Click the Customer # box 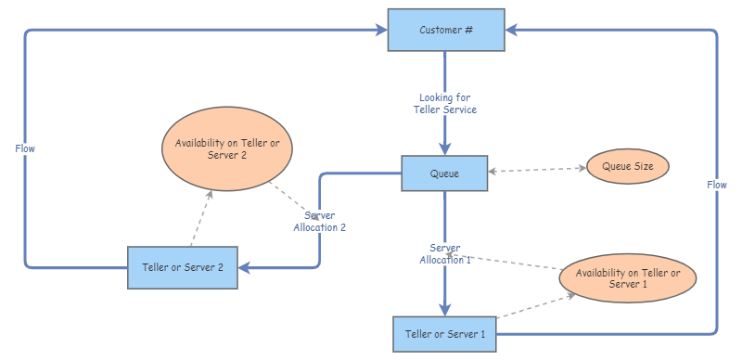(446, 30)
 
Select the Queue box (444, 174)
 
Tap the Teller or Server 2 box (183, 267)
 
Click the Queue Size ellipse (628, 168)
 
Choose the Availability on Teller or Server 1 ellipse (627, 277)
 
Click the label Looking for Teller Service (445, 103)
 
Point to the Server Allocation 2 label (320, 222)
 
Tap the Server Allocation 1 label (444, 253)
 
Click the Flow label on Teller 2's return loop (25, 148)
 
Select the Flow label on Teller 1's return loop (717, 185)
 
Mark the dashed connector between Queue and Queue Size (537, 170)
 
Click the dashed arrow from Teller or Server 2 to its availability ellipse (201, 219)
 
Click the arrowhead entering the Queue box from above (445, 148)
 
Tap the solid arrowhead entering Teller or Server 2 (246, 267)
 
